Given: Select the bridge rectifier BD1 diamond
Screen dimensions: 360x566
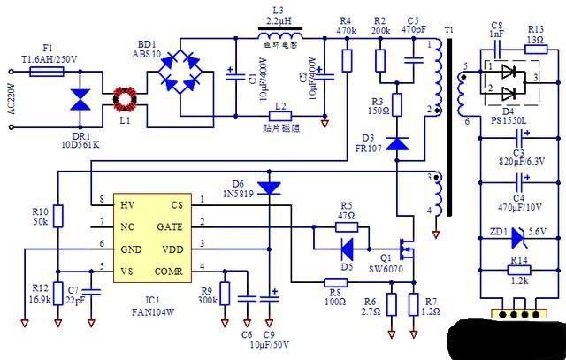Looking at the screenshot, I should [x=184, y=78].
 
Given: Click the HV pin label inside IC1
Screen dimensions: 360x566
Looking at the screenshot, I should [x=128, y=204].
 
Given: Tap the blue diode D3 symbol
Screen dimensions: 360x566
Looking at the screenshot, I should [x=397, y=142].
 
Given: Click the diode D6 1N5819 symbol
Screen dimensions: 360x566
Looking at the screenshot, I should [x=271, y=187].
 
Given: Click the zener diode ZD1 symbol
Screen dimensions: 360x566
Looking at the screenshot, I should [x=521, y=234].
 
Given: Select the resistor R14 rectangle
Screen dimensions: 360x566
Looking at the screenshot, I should [x=521, y=272].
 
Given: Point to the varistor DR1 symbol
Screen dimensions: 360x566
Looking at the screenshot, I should [x=80, y=103].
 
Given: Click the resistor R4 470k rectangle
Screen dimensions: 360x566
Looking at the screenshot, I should [x=347, y=60].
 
